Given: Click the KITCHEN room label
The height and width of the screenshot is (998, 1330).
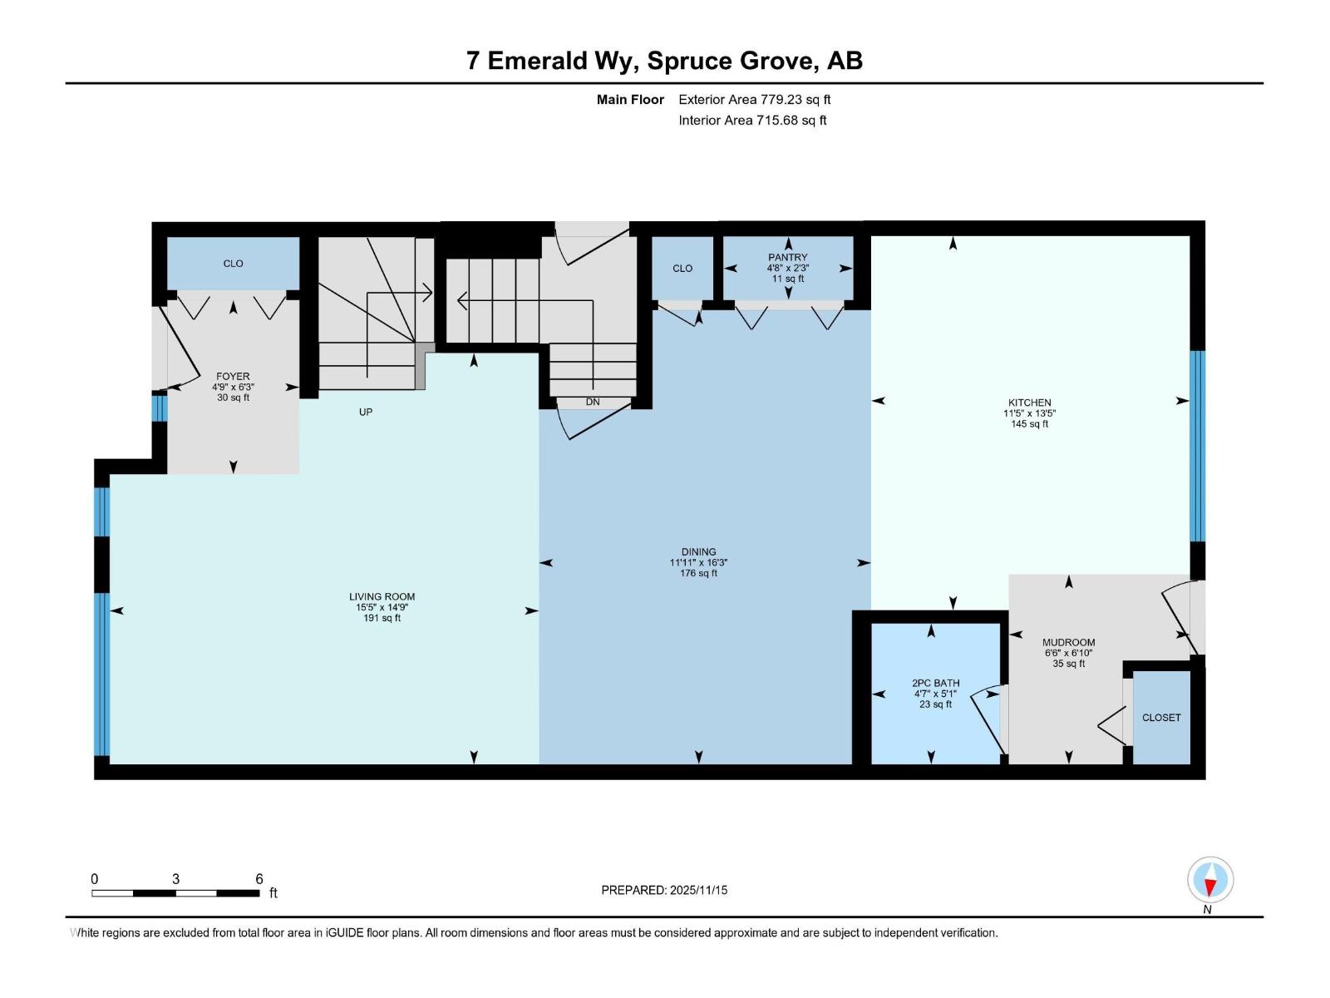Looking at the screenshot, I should coord(1029,403).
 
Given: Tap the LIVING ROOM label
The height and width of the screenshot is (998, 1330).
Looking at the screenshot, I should coord(382,596).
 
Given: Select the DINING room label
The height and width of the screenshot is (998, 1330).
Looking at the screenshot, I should coord(698,551).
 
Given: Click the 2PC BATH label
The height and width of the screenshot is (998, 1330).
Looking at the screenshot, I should coord(935,683).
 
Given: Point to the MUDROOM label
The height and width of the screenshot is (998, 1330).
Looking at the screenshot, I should coord(1068,642).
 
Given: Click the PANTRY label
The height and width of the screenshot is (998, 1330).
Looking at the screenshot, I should coord(787,258).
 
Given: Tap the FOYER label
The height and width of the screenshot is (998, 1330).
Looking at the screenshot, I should coord(233,376).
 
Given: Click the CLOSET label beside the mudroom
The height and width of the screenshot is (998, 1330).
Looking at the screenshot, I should coord(1160,717).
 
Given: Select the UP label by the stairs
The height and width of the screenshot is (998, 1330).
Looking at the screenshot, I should coord(366,412).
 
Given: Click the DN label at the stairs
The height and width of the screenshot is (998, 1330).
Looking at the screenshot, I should coord(592,402).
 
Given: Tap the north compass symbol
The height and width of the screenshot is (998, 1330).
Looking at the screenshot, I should coord(1210,881).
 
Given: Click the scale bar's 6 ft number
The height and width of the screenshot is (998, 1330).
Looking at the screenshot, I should coord(259,878).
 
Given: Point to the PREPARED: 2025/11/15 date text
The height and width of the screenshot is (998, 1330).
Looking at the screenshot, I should coord(664,890).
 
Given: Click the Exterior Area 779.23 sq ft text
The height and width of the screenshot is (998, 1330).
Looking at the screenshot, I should coord(754,99).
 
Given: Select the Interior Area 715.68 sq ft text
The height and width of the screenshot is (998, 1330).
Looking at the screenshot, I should coord(752,120).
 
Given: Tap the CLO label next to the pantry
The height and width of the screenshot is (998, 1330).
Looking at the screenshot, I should coord(682,268).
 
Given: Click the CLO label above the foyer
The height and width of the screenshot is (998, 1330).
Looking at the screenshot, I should coord(233,263).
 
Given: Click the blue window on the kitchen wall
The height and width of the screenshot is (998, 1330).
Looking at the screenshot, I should coord(1197,446).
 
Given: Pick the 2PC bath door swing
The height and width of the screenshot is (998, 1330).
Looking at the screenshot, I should coord(988,717).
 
